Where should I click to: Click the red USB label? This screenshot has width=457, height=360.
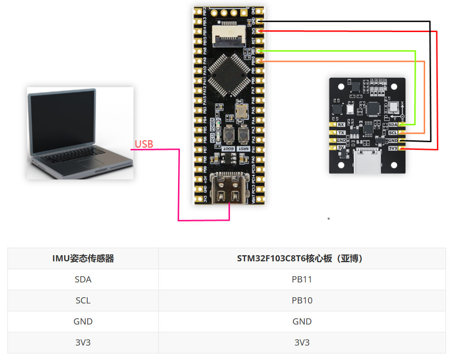pyautogui.click(x=144, y=144)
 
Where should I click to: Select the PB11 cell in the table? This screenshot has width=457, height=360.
pyautogui.click(x=302, y=279)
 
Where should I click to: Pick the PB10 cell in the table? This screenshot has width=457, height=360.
pyautogui.click(x=302, y=300)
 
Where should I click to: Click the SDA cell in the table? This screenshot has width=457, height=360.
pyautogui.click(x=83, y=279)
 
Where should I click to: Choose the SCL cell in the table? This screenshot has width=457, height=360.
pyautogui.click(x=83, y=300)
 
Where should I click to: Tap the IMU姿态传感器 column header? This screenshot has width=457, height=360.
pyautogui.click(x=83, y=258)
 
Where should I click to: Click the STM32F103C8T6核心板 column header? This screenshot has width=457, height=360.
pyautogui.click(x=302, y=258)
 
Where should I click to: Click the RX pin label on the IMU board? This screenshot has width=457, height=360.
pyautogui.click(x=341, y=125)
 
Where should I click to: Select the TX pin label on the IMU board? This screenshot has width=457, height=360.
pyautogui.click(x=341, y=133)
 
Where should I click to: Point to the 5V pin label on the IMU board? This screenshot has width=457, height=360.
pyautogui.click(x=341, y=148)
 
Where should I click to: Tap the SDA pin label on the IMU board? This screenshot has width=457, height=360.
pyautogui.click(x=393, y=125)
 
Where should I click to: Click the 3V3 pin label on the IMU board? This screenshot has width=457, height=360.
pyautogui.click(x=393, y=148)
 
